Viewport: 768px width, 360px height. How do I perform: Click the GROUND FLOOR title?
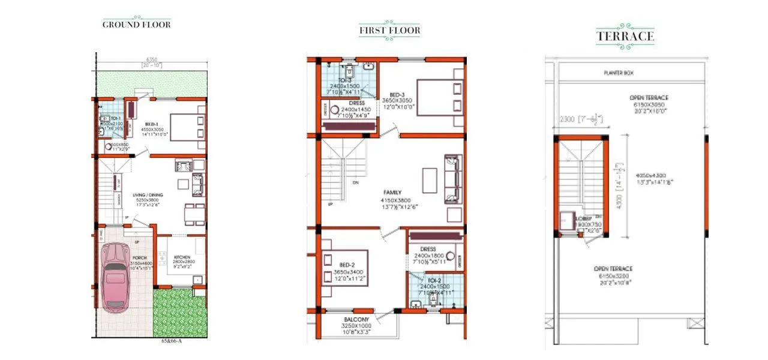point(136,25)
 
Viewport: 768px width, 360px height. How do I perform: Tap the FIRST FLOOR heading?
point(389,30)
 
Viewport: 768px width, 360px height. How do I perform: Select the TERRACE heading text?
point(625,36)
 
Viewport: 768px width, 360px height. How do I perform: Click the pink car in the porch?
point(113,276)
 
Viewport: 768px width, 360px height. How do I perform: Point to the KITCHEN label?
point(182,257)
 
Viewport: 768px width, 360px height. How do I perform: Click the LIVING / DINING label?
point(149,195)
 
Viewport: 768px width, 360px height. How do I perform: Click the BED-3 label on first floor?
point(396,95)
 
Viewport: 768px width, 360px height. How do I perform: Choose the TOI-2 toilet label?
point(434,280)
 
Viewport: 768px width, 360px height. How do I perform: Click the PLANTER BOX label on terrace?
point(619,73)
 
